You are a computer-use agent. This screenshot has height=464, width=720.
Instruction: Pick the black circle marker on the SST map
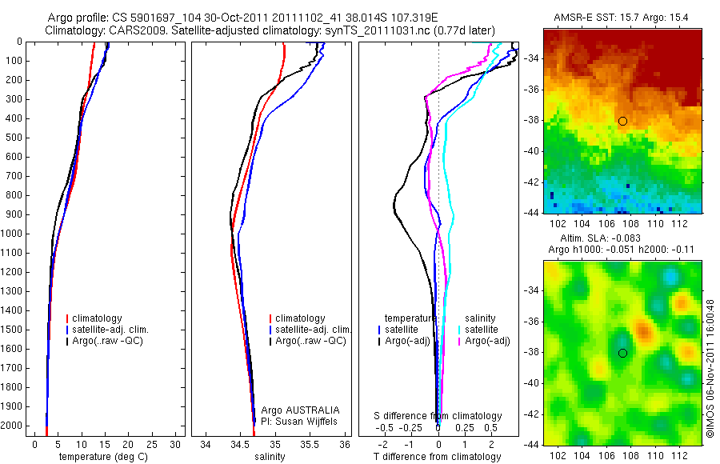point(622,121)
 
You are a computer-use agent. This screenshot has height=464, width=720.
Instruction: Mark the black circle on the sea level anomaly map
point(622,353)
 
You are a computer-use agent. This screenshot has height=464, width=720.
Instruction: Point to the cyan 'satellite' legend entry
point(482,330)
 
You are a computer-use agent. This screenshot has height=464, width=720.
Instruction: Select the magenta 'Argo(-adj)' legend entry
point(486,342)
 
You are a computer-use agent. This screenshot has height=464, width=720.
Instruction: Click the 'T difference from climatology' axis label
point(438,457)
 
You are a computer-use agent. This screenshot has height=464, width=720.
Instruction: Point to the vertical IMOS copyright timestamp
point(710,369)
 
